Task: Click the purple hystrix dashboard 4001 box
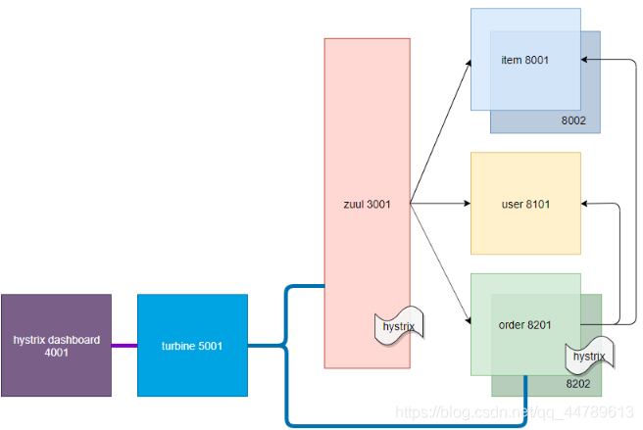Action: (56, 345)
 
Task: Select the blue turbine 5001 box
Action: (193, 345)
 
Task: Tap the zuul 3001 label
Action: (367, 204)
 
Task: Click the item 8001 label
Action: (524, 60)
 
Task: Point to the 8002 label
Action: (573, 120)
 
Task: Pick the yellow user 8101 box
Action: (525, 204)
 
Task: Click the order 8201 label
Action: (524, 323)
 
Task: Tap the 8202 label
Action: (577, 384)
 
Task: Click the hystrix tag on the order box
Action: (588, 357)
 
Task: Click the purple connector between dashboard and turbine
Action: (124, 345)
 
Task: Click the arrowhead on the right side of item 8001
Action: (585, 60)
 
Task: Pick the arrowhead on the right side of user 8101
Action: (586, 204)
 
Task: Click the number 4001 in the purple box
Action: (57, 353)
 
